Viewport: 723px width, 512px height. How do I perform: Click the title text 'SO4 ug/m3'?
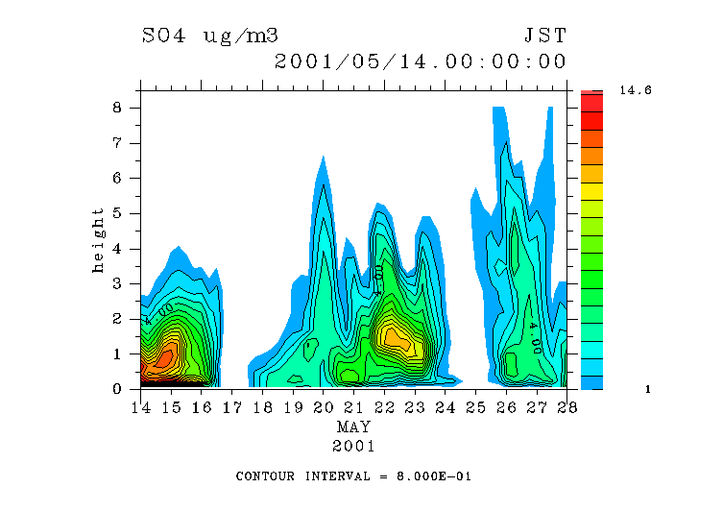point(210,37)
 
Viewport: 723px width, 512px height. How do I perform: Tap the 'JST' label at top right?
point(545,37)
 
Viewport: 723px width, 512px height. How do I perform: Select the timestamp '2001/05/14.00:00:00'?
point(421,62)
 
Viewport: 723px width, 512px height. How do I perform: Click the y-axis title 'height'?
point(99,239)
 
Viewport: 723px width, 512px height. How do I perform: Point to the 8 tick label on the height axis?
point(117,108)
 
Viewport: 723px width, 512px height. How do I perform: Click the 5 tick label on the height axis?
point(117,213)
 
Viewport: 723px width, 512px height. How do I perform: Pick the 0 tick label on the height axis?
point(117,389)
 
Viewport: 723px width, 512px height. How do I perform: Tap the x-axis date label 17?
point(232,407)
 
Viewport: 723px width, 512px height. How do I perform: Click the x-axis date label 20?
point(324,407)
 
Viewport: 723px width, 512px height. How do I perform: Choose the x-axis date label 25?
point(475,407)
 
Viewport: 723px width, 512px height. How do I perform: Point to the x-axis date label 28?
point(566,407)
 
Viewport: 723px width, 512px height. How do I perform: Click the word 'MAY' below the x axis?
point(353,427)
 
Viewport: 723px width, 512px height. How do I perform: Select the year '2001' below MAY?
point(353,447)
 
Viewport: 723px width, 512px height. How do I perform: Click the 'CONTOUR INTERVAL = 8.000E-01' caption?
point(353,476)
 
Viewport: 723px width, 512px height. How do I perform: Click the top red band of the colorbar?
point(591,102)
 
